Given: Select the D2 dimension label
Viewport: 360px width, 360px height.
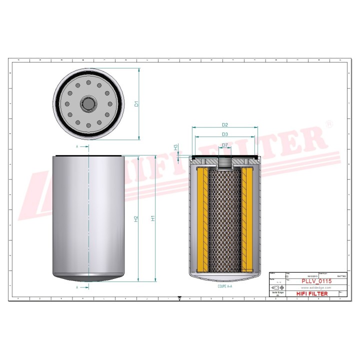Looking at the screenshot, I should (224, 124).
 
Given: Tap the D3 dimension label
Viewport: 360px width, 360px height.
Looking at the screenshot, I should (224, 134).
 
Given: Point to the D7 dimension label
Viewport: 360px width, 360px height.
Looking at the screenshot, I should (224, 145).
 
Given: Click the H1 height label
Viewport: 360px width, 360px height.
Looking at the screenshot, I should (153, 218).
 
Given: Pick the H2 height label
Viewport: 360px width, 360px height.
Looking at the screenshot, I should (135, 218).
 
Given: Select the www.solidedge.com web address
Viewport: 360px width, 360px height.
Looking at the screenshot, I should (316, 288).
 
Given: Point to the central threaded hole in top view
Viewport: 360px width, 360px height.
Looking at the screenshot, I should (88, 104).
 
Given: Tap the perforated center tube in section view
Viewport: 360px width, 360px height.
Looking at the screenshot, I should (224, 220).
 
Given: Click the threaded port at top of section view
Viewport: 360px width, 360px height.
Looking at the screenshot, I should (224, 162).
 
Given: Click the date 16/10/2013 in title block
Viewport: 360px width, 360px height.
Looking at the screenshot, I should (312, 275).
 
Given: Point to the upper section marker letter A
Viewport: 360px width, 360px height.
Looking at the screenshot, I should (77, 147).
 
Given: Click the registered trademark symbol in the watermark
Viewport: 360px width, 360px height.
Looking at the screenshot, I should (328, 123).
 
